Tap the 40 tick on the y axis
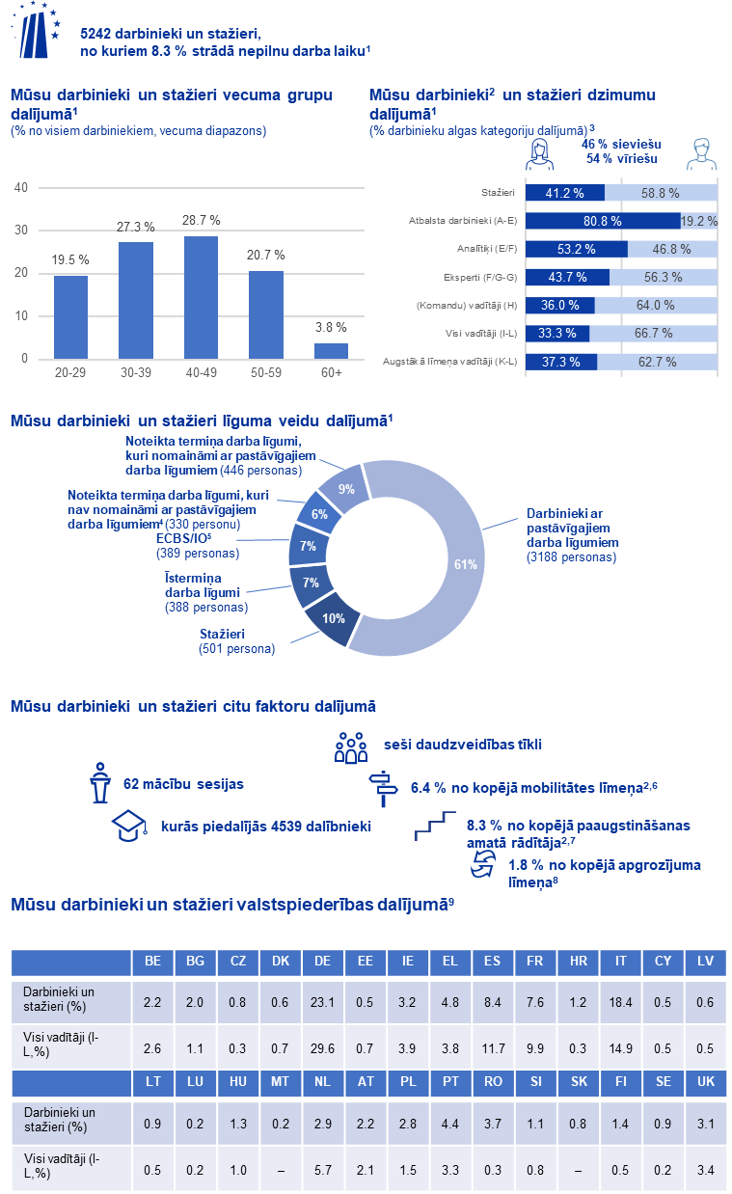click(x=20, y=188)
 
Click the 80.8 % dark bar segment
click(x=602, y=221)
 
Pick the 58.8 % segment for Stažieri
click(x=661, y=193)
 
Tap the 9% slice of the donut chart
click(x=345, y=489)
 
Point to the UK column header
click(x=705, y=1082)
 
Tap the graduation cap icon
click(x=128, y=825)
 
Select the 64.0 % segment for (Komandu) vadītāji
click(x=655, y=305)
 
